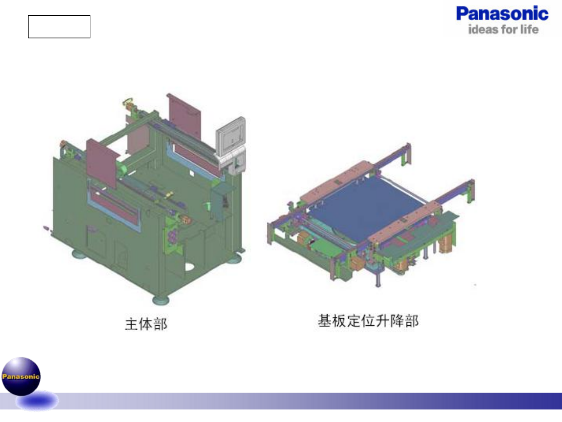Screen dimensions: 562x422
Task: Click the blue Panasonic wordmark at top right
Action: (x=502, y=14)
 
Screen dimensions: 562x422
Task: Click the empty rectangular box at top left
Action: (x=59, y=27)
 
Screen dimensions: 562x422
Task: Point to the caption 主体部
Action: (x=146, y=324)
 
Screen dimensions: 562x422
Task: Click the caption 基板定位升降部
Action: (x=368, y=321)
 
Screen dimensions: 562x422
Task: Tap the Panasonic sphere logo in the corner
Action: (x=21, y=376)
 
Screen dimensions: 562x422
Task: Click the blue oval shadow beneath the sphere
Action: (x=38, y=401)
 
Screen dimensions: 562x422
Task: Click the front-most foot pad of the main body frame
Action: (x=161, y=300)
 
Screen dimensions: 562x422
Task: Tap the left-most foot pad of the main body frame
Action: (x=79, y=255)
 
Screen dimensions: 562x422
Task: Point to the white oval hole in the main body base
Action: (x=189, y=267)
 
